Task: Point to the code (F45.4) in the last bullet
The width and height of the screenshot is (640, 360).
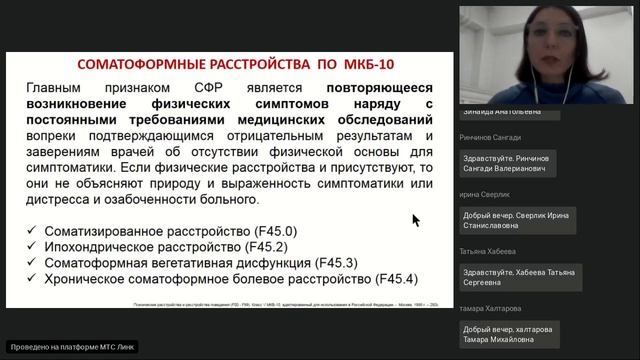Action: coord(394,278)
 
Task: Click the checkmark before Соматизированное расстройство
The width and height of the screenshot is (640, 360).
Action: coord(33,231)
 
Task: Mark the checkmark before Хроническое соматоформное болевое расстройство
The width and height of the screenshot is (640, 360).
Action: coord(33,278)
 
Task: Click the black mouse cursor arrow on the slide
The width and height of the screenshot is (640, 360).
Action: coord(416,220)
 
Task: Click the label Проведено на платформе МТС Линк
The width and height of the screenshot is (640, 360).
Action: coord(71,347)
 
